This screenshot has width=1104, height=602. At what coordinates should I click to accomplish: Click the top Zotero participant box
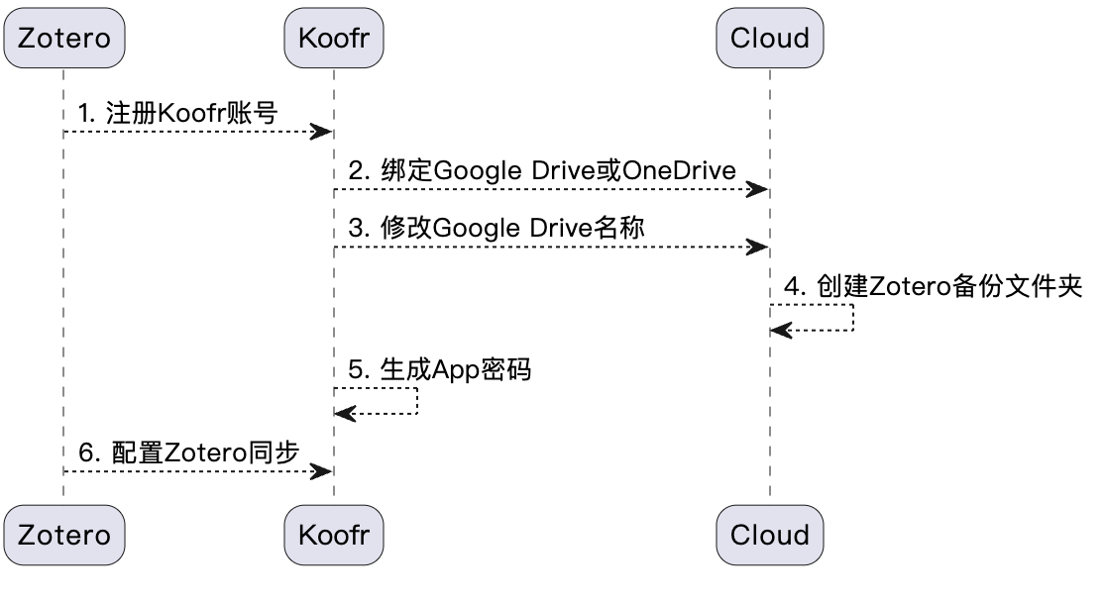point(64,39)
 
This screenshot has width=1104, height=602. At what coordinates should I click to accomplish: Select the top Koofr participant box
point(333,39)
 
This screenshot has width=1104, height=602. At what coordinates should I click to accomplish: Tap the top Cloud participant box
point(769,39)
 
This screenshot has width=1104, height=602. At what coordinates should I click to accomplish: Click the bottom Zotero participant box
point(64,535)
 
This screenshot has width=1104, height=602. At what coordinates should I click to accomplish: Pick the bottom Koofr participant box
point(333,535)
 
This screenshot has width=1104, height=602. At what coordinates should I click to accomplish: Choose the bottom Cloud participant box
point(769,535)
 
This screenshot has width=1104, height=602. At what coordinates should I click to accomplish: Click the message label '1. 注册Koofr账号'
point(177,113)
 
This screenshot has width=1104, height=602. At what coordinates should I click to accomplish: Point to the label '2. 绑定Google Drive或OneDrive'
point(542,170)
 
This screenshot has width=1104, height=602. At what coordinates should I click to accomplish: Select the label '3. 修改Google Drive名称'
point(497,228)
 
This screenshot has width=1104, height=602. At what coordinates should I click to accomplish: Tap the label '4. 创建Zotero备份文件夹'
point(934,286)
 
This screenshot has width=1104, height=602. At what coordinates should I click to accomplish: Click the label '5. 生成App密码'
point(440,369)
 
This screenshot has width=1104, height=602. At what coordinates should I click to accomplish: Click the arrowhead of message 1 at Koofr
point(322,132)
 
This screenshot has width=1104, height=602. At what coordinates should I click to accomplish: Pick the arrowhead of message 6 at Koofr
point(322,471)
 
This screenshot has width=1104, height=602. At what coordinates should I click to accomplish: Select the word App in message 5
point(456,369)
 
